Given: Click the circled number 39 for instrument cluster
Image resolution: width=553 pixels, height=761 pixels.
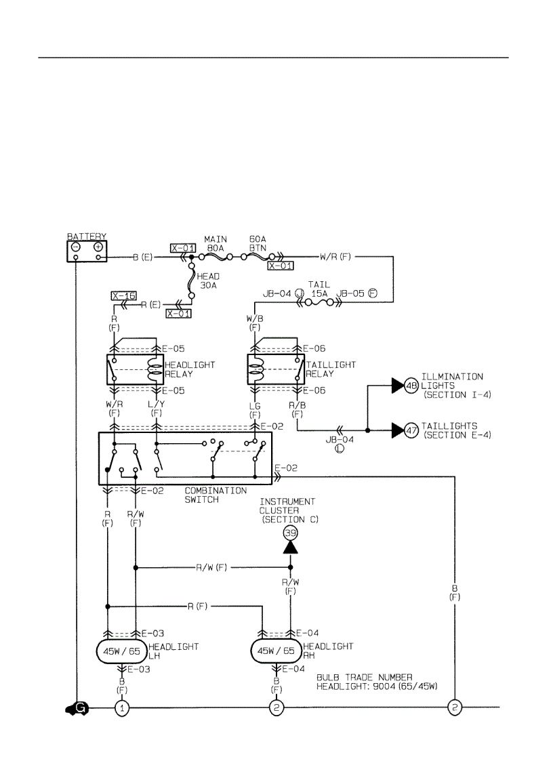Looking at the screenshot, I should click(x=290, y=533).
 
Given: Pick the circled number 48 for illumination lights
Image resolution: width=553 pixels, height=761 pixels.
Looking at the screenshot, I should click(x=411, y=386).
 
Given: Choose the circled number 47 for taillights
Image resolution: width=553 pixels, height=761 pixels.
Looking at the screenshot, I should click(x=411, y=430).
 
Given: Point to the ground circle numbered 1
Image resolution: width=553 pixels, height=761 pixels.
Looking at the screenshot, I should click(x=122, y=708).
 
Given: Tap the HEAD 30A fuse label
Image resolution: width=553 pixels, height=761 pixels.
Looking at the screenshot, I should click(x=207, y=281).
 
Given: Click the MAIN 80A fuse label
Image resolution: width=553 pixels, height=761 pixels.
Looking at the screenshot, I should click(x=216, y=244).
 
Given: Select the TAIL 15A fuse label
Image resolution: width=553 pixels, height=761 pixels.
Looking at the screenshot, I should click(x=318, y=289).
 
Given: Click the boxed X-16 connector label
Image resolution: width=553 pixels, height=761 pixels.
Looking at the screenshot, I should click(x=123, y=296).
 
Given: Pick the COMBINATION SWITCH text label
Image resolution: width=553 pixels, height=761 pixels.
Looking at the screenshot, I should click(x=216, y=495).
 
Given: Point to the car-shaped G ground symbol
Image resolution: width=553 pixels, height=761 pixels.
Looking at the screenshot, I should click(x=75, y=708).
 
